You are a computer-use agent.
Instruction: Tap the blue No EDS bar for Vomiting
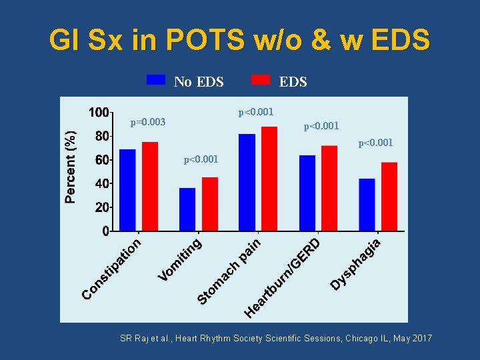pyautogui.click(x=187, y=209)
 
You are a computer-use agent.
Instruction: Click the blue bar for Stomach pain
pyautogui.click(x=247, y=183)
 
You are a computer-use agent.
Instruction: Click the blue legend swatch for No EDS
pyautogui.click(x=156, y=80)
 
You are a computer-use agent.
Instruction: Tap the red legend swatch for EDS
pyautogui.click(x=261, y=80)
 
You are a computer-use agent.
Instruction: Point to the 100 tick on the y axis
pyautogui.click(x=99, y=112)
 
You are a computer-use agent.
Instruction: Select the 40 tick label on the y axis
pyautogui.click(x=101, y=183)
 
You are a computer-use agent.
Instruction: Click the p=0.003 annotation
pyautogui.click(x=148, y=123)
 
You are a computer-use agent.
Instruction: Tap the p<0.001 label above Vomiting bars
pyautogui.click(x=201, y=160)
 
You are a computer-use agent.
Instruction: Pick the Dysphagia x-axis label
pyautogui.click(x=357, y=264)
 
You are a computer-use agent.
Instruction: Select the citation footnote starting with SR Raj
pyautogui.click(x=276, y=339)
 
